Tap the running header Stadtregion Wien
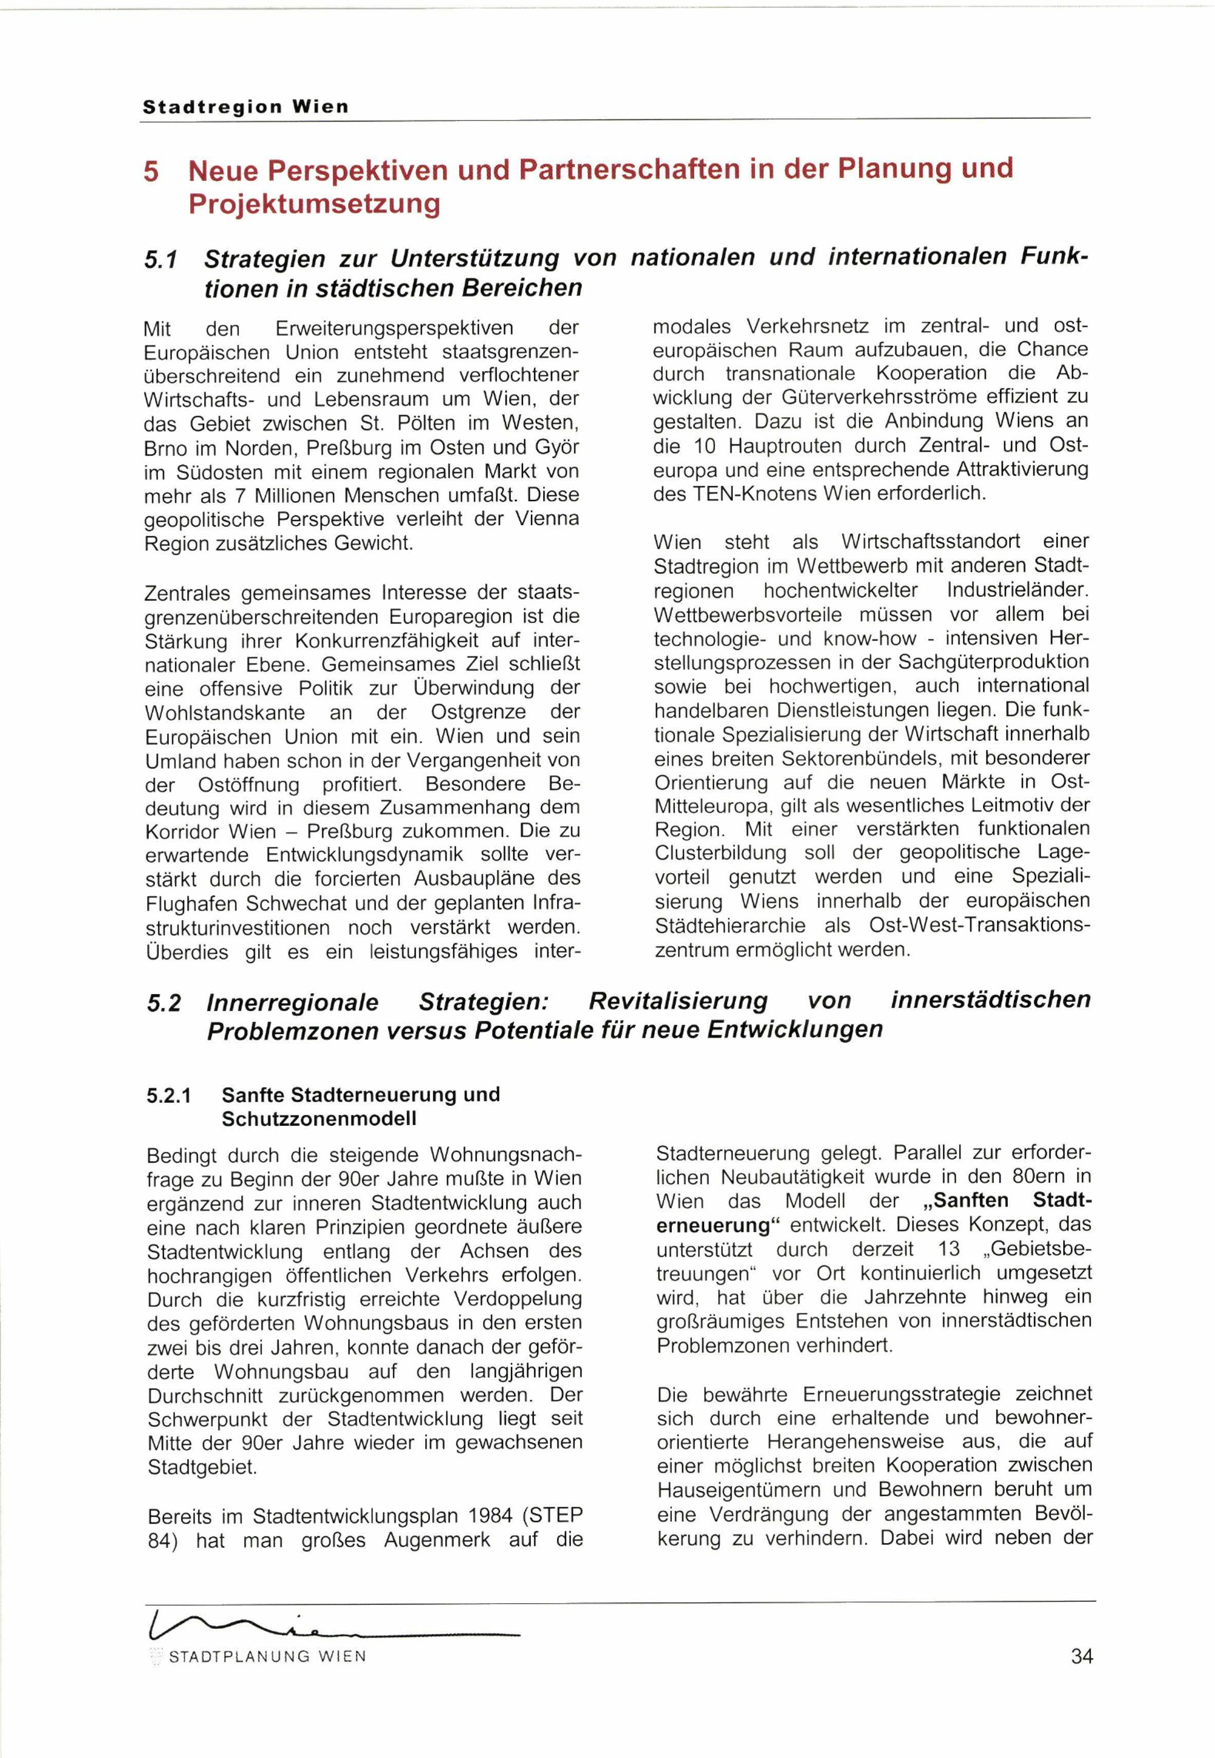pos(245,107)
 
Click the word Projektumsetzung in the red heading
pos(313,204)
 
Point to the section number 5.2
pos(163,1003)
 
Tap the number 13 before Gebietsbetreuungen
pos(948,1249)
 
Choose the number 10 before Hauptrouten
pos(705,445)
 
